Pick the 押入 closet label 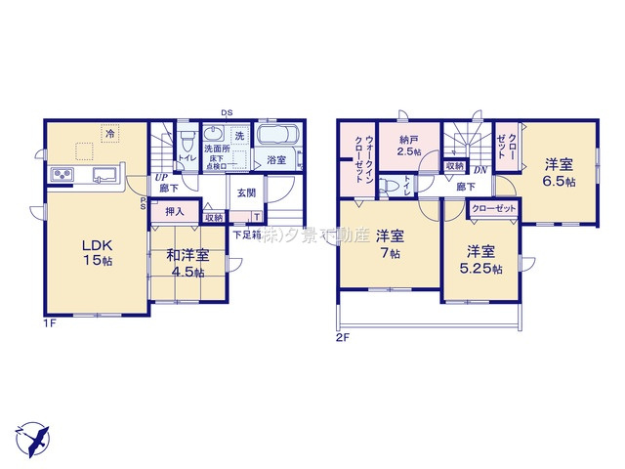(174, 210)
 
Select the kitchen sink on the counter (104, 175)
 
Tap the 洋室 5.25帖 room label (482, 258)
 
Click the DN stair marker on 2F (480, 168)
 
